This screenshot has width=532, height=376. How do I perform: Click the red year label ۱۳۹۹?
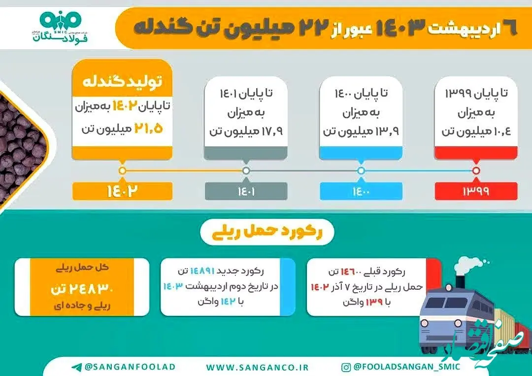click(x=475, y=191)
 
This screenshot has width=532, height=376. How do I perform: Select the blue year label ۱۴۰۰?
click(x=361, y=191)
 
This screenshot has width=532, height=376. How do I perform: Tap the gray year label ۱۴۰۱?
click(x=246, y=191)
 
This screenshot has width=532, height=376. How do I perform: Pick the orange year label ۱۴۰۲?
click(x=122, y=191)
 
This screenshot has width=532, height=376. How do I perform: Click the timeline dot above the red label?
click(x=476, y=171)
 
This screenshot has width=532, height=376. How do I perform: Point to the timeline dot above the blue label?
click(x=361, y=171)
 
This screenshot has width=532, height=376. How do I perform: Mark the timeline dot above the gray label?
click(x=246, y=171)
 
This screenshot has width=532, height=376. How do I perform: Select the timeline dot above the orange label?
click(x=123, y=171)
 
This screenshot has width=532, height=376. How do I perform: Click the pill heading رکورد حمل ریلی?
click(x=266, y=232)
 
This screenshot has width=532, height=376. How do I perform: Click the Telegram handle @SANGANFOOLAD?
click(x=123, y=367)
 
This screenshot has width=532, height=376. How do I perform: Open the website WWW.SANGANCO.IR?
click(x=257, y=367)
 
